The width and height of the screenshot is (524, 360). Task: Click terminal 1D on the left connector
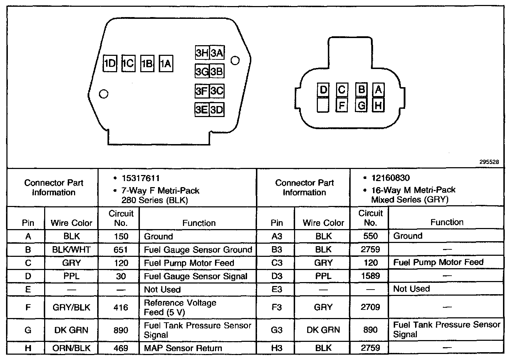[x=110, y=64]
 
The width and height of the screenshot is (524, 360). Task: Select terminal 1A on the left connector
[x=166, y=64]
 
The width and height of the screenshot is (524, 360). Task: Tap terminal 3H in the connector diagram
[x=202, y=53]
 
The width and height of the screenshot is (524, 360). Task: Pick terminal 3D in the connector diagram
[x=216, y=109]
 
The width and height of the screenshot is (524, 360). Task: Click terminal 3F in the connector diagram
[x=202, y=91]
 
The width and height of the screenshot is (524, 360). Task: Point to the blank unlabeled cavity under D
[x=323, y=105]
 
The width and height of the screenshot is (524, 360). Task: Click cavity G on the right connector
[x=361, y=105]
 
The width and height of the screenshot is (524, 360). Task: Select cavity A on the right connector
[x=378, y=89]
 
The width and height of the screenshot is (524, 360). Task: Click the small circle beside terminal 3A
[x=235, y=60]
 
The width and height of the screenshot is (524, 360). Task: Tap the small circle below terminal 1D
[x=104, y=94]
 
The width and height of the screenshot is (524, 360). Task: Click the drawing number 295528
[x=489, y=162]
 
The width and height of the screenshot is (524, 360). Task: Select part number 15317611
[x=141, y=178]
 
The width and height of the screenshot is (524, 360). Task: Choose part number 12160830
[x=391, y=178]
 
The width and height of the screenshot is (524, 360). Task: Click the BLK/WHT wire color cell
[x=71, y=250]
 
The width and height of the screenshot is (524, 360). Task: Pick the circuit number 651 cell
[x=121, y=250]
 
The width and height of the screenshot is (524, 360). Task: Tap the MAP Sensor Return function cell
[x=183, y=348]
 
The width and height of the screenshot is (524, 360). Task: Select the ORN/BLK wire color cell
[x=71, y=348]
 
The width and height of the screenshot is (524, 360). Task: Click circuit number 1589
[x=370, y=276]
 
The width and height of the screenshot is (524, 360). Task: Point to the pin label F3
[x=277, y=307]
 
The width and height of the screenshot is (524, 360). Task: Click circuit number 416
[x=121, y=307]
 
